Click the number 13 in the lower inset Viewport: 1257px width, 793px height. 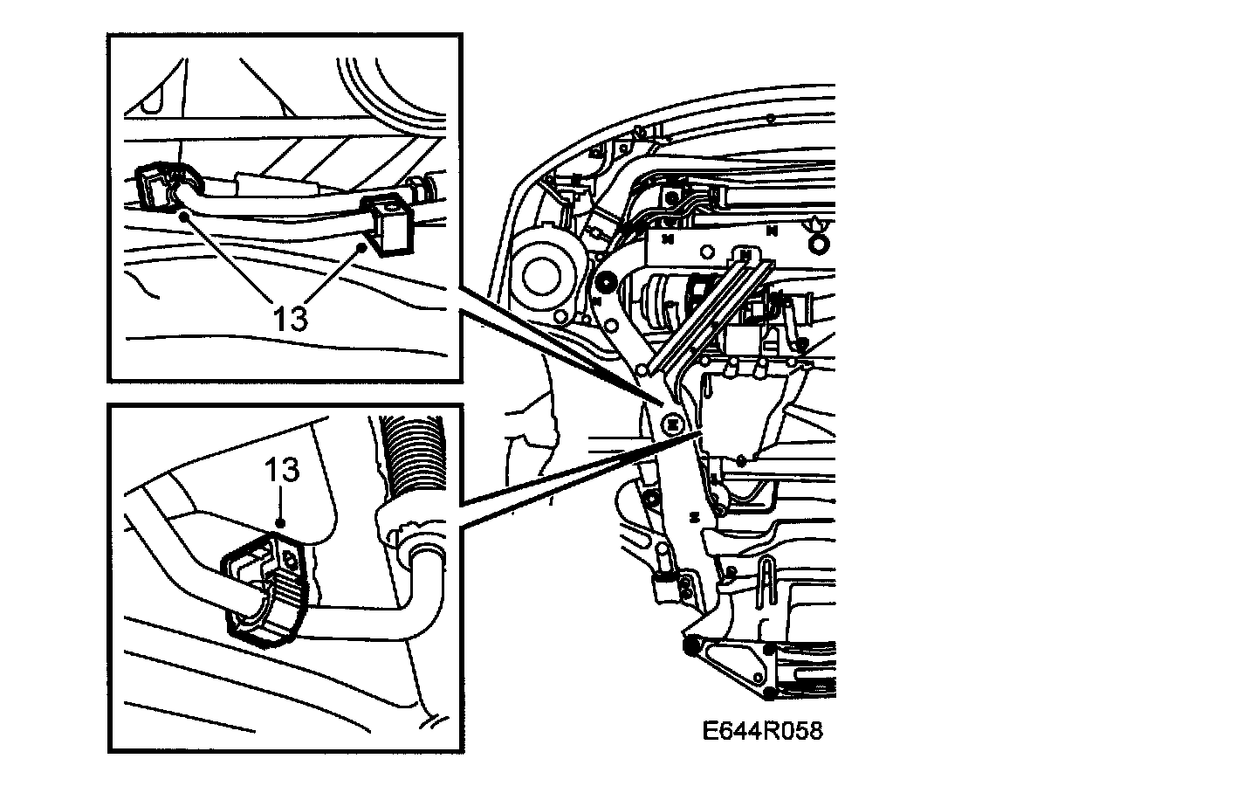pos(283,471)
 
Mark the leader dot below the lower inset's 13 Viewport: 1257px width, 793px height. pos(281,522)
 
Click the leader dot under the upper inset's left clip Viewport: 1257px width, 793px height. pos(182,212)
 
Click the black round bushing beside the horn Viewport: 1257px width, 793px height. pos(602,281)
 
